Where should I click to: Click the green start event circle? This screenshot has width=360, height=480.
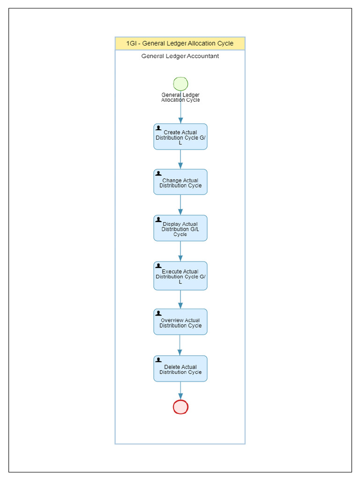180,84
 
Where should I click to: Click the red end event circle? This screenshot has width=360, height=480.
180,407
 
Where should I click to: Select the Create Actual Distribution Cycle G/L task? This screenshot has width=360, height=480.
180,137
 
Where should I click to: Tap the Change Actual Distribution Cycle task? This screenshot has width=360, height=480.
180,182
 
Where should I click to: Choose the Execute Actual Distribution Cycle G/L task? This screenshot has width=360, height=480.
180,276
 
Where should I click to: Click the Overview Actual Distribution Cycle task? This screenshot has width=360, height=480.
180,322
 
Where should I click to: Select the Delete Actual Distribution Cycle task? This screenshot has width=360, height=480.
180,369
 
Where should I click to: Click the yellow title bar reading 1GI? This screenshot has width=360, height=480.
180,44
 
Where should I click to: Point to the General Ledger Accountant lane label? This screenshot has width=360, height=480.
180,56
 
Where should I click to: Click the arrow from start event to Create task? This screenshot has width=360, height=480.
180,113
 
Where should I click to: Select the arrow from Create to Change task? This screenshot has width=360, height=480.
180,159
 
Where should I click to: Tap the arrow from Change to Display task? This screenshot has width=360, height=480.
180,205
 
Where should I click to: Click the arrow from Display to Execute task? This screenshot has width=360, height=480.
180,251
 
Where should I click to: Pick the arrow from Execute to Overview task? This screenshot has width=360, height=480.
180,299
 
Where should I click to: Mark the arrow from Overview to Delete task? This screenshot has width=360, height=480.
180,345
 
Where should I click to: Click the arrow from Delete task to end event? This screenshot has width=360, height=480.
180,390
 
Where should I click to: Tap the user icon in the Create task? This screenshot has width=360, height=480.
158,127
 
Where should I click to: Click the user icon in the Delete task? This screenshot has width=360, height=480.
158,360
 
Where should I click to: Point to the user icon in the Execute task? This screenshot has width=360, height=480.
158,266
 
